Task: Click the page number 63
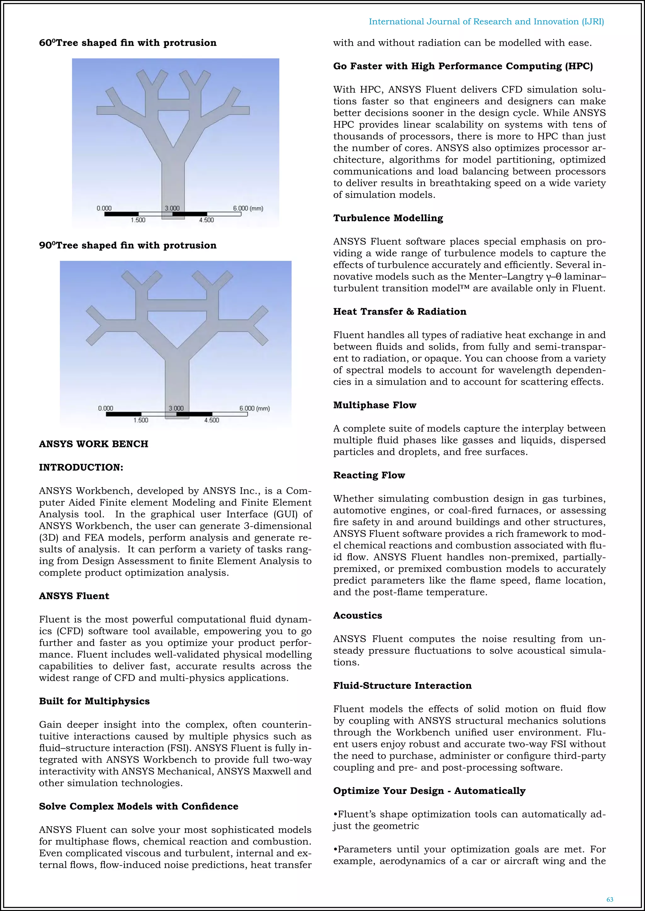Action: point(610,899)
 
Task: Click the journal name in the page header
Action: point(486,22)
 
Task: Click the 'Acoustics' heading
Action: point(357,615)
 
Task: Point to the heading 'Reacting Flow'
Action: point(369,475)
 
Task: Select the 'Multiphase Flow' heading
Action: point(374,405)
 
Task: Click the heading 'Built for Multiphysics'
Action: point(94,701)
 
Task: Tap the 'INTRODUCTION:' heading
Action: point(81,467)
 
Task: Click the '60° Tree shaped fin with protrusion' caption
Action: point(128,43)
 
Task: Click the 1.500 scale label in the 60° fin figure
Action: point(138,220)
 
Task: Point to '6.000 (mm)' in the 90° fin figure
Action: point(254,408)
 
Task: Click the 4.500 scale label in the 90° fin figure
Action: point(211,420)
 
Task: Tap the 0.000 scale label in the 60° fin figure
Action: point(104,208)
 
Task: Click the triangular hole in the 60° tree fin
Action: point(173,125)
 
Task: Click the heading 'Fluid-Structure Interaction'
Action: point(402,686)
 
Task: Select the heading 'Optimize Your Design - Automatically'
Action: point(429,791)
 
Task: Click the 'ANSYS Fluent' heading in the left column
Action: point(74,596)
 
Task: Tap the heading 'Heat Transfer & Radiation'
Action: point(400,311)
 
